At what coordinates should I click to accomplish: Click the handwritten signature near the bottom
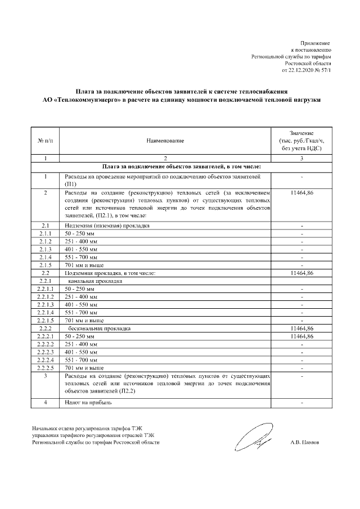click(251, 439)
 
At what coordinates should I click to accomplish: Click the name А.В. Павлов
click(304, 443)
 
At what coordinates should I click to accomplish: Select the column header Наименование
click(165, 139)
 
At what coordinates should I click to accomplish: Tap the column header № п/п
click(45, 139)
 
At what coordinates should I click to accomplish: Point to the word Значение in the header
click(301, 131)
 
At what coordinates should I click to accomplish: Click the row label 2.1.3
click(45, 249)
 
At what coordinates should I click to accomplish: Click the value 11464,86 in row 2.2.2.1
click(301, 336)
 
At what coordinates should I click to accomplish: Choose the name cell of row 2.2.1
click(94, 280)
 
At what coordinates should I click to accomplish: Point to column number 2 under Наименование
click(165, 158)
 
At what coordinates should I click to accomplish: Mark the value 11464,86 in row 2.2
click(301, 272)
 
